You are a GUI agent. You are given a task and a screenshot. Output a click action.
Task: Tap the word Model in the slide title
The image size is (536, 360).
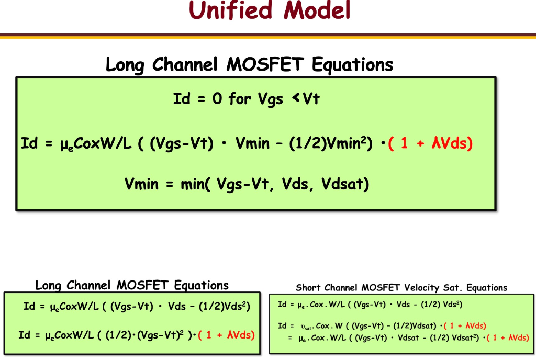pos(317,10)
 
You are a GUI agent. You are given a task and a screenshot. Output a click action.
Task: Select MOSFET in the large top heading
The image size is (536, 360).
pos(265,65)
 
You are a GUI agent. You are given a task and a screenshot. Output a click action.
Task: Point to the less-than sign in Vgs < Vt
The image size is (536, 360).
pos(295,98)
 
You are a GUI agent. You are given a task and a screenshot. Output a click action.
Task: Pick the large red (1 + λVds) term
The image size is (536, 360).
pos(430,143)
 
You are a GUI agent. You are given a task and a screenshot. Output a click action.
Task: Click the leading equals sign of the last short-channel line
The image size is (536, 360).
pos(289,338)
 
